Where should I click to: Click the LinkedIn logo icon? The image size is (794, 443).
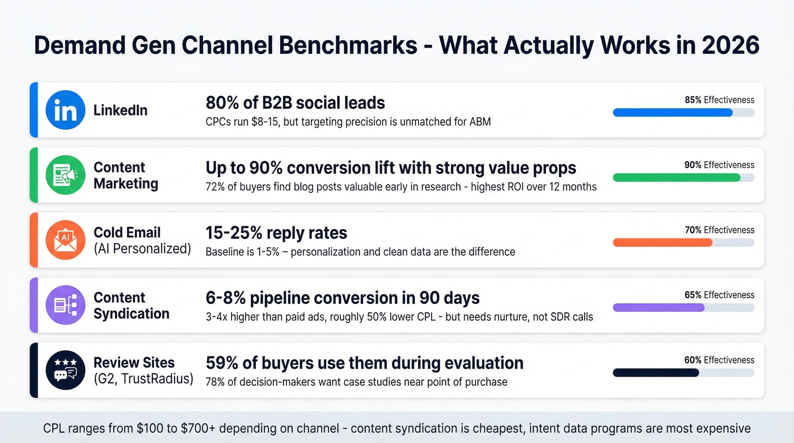65,110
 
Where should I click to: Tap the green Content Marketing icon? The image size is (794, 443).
65,175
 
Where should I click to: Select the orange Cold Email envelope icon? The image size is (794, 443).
65,241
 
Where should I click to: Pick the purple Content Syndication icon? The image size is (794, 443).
65,305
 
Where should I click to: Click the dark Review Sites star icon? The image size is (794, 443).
65,370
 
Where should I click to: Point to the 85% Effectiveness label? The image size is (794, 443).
719,100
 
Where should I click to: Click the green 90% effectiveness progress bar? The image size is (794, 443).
676,178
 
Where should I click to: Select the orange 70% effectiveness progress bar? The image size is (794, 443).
662,243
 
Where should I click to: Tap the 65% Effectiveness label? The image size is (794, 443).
719,295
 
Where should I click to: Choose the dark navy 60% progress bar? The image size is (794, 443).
656,373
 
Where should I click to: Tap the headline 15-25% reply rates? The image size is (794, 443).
276,233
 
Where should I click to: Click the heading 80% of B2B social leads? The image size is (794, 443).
295,103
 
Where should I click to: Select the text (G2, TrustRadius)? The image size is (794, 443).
143,379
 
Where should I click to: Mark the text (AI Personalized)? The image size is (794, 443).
142,248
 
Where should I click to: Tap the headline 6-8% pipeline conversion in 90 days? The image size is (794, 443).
342,298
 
